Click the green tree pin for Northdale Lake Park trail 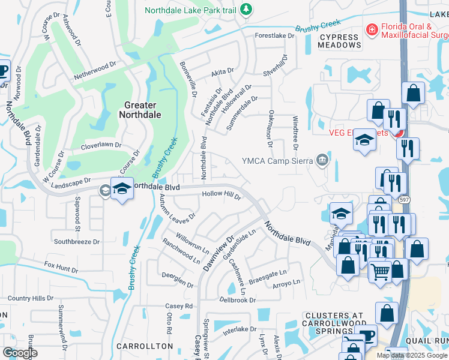click(x=245, y=9)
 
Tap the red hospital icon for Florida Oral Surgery click(x=372, y=29)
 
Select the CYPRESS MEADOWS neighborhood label click(x=339, y=41)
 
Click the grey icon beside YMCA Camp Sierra click(x=322, y=160)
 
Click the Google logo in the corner click(x=20, y=352)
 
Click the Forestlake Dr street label click(x=275, y=36)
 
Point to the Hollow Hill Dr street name click(x=221, y=195)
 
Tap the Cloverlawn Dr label click(x=101, y=145)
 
